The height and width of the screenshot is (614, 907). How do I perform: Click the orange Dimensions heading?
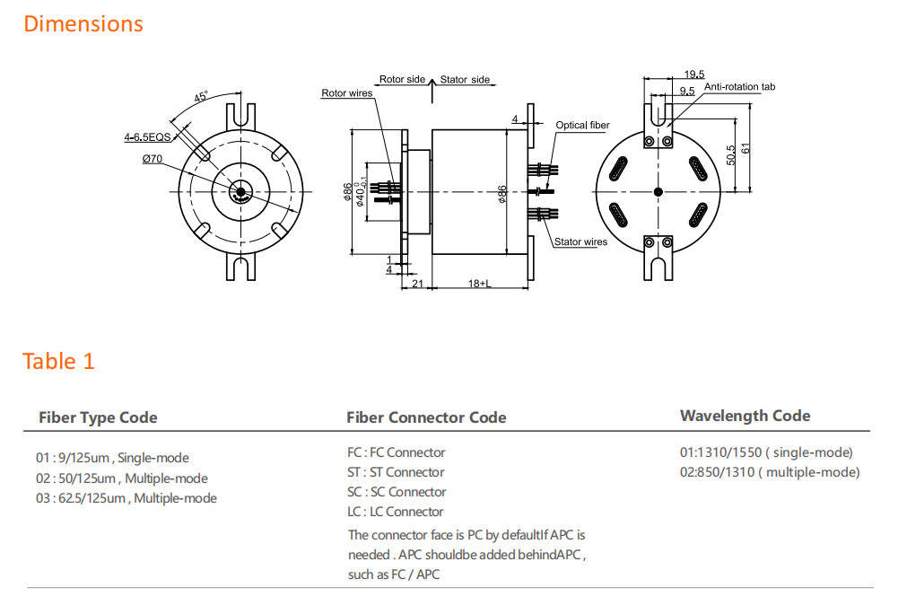pos(83,24)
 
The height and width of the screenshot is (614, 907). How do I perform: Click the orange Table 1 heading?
pos(58,361)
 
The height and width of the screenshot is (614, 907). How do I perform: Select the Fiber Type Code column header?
pos(98,417)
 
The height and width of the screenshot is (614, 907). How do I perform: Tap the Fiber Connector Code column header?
pos(426,417)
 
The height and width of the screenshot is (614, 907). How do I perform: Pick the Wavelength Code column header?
pos(745,416)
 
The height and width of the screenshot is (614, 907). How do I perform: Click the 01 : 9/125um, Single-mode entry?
pos(112,458)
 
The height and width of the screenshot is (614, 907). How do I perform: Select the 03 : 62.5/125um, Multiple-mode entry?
pos(126,498)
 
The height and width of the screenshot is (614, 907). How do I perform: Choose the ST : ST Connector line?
pos(396,472)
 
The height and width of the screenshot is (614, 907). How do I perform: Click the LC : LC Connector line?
pos(395,512)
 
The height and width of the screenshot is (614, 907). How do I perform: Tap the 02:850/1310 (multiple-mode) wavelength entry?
pos(769,472)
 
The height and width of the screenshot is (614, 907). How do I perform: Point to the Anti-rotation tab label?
pos(739,87)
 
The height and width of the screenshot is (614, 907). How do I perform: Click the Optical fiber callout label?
pos(582,126)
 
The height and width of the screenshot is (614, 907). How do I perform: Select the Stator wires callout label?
pos(580,241)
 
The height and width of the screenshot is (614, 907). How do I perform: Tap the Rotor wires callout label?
pos(346,93)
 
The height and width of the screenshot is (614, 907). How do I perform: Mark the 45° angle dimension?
pos(201,97)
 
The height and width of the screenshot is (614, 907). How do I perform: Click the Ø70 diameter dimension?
pos(152,159)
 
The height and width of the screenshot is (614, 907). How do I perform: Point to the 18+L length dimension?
pos(479,284)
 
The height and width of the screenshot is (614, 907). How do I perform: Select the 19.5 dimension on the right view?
pos(693,74)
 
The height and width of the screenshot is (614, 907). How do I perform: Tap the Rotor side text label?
pos(402,80)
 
